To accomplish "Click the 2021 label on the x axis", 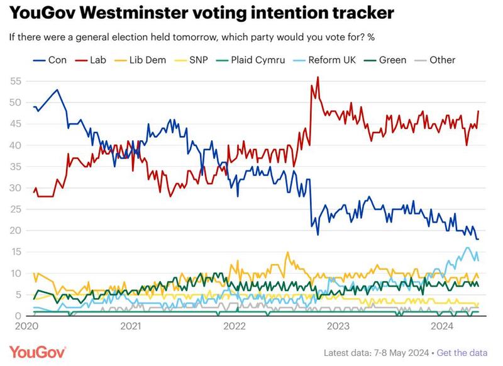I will (x=130, y=326).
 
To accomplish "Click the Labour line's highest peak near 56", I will (x=318, y=77).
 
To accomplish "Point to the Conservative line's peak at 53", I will (x=57, y=90).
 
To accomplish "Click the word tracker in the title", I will (x=356, y=13).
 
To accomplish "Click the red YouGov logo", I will (x=38, y=351).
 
